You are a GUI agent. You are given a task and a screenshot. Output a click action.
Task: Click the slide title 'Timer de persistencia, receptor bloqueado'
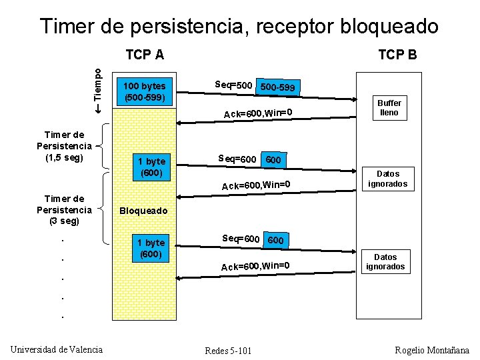[x=239, y=26]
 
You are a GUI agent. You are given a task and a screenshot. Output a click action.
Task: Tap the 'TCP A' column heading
[x=145, y=55]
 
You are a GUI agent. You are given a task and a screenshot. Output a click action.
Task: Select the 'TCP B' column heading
[x=397, y=55]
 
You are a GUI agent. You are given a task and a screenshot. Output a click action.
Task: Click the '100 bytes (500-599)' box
[x=145, y=92]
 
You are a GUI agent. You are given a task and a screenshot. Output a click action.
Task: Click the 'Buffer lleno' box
[x=389, y=108]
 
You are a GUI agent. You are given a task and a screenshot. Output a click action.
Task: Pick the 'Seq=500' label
[x=233, y=85]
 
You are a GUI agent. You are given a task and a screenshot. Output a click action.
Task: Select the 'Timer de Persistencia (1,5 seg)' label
[x=64, y=146]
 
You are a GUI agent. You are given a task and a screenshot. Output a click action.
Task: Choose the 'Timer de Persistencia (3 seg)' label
[x=64, y=209]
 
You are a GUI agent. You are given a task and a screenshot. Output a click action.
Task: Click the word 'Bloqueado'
[x=143, y=211]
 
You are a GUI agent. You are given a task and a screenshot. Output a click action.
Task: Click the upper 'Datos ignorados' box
[x=388, y=179]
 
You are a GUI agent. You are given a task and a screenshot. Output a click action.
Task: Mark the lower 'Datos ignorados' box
[x=385, y=261]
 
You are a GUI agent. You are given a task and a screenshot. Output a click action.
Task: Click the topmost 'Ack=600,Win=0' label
[x=258, y=113]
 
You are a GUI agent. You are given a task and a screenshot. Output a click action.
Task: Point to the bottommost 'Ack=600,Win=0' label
[x=255, y=267]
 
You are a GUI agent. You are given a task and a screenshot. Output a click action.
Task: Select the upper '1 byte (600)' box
[x=151, y=167]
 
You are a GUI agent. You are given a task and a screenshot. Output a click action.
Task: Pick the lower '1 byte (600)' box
[x=151, y=248]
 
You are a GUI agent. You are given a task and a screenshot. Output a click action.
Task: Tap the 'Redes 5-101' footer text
[x=228, y=351]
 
